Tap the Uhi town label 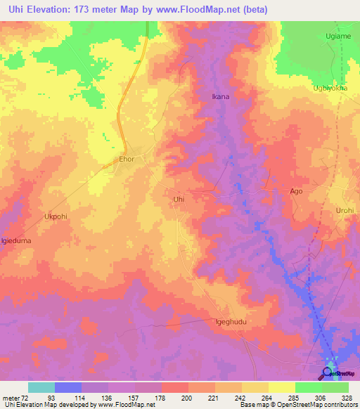pos(179,200)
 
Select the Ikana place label pos(221,96)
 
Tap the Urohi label pos(345,210)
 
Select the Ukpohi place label pos(56,216)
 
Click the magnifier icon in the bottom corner pos(328,372)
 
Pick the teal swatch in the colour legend pos(41,387)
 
